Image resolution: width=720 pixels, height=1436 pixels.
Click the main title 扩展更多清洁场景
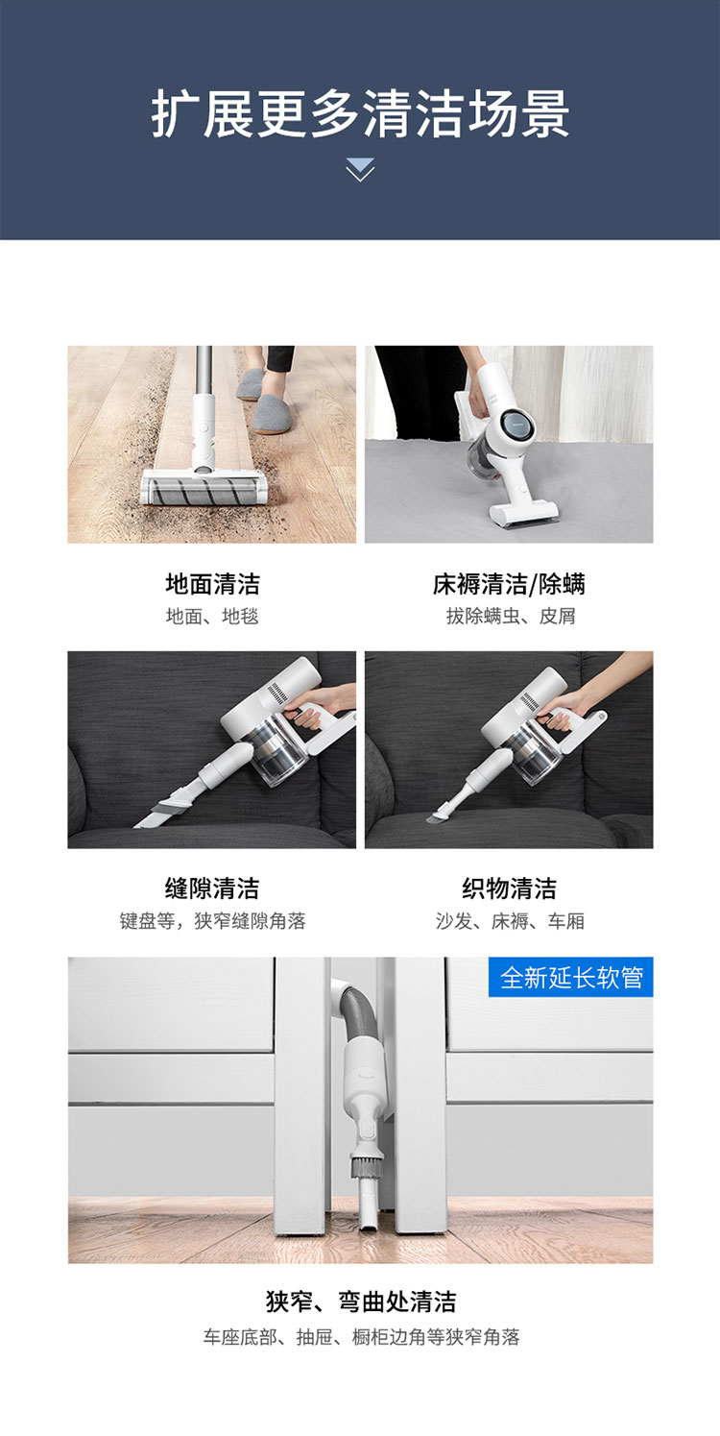(360, 113)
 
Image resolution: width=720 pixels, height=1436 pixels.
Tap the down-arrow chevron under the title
(360, 170)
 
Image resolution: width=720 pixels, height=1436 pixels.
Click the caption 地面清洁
(213, 584)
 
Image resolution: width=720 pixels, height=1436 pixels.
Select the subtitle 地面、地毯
(212, 616)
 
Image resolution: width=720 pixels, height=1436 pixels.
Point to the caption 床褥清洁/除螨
(509, 584)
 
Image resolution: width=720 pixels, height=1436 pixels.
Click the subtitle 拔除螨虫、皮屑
(511, 616)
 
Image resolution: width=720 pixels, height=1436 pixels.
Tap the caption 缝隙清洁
(212, 888)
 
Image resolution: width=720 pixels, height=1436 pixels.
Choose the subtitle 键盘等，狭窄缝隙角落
(213, 921)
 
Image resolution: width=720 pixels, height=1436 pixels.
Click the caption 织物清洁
(509, 888)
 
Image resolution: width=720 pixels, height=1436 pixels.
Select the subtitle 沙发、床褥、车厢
(510, 921)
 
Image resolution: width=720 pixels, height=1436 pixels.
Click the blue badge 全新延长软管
(571, 977)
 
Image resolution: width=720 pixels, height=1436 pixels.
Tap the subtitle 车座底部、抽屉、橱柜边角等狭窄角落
(361, 1337)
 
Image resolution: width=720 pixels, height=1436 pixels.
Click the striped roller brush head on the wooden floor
(211, 491)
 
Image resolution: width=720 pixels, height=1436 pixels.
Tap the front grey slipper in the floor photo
(273, 413)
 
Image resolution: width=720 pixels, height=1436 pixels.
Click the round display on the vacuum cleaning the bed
(516, 426)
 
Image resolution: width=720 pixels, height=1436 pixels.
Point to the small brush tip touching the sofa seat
(439, 816)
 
